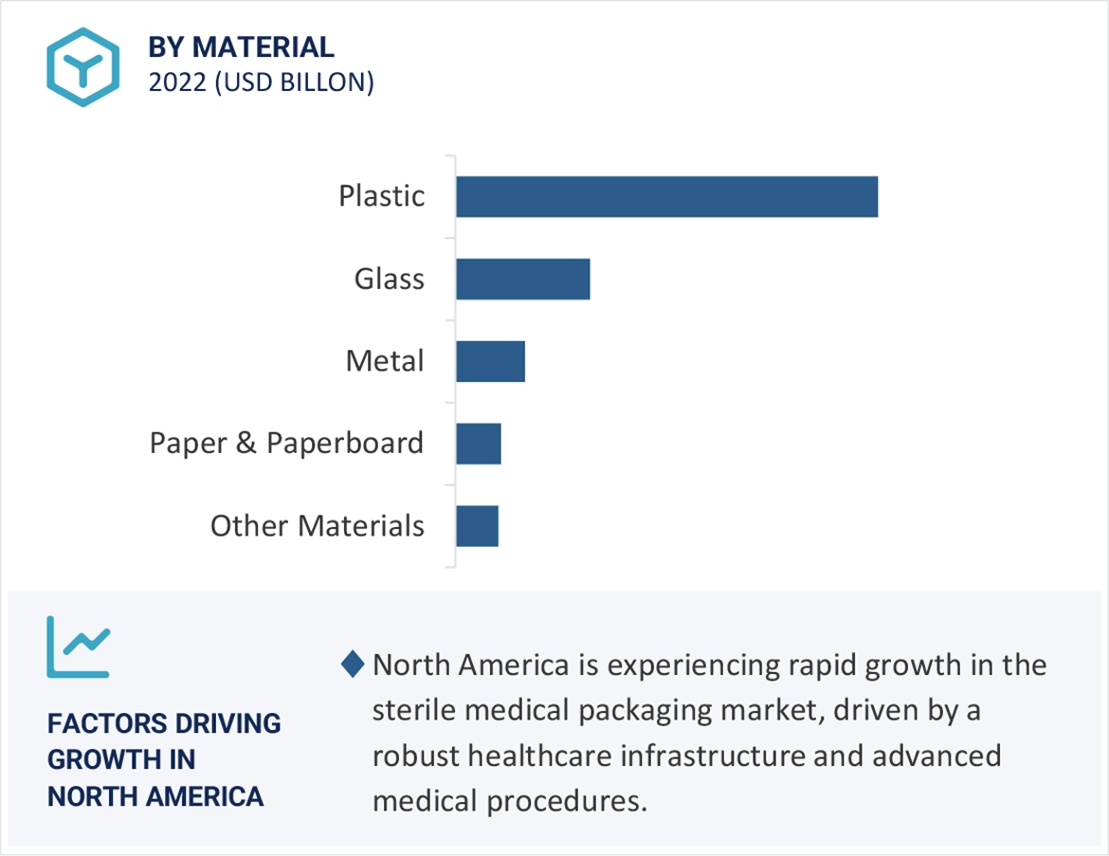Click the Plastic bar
666,196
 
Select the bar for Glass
522,279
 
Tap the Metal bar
490,361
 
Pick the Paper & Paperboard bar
478,444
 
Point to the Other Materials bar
477,526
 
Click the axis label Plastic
382,196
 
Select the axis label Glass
390,279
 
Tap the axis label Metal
385,361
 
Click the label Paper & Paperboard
286,444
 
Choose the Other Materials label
317,526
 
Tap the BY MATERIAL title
241,46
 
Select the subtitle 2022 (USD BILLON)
261,82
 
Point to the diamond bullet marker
353,665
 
